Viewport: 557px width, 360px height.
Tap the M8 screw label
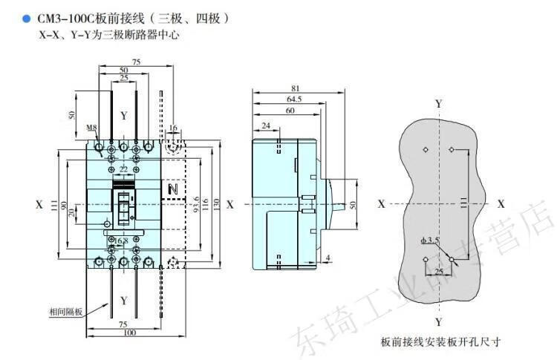(91, 128)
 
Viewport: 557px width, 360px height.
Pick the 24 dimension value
(266, 126)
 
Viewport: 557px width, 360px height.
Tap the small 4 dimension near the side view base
(328, 258)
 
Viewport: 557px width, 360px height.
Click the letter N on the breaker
(173, 190)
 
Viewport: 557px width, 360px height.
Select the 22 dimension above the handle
(123, 168)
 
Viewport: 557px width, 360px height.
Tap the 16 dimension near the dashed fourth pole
(173, 128)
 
